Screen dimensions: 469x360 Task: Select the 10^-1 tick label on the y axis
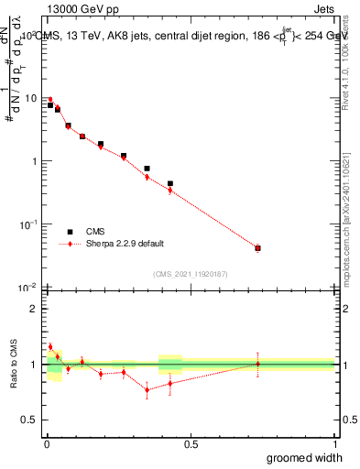29,224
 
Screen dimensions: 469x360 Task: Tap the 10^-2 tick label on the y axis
29,287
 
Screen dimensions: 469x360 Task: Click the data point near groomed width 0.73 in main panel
257,248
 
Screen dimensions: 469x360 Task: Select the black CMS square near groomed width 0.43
170,183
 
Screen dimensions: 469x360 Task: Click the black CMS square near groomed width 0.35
147,169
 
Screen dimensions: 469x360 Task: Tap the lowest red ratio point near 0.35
147,390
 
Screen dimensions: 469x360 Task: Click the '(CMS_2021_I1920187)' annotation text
190,274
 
